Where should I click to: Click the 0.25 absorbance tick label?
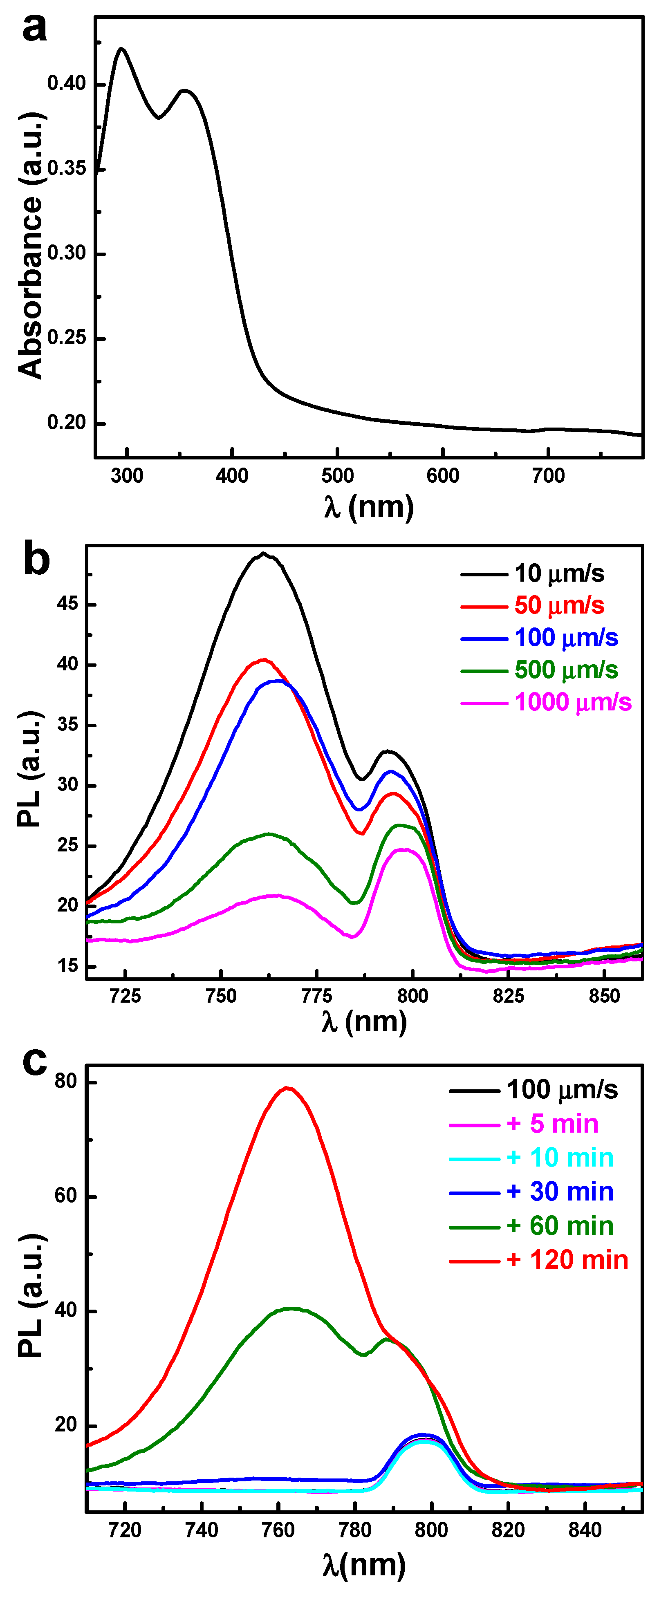click(x=66, y=338)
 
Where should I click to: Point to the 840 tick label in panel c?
click(x=585, y=1531)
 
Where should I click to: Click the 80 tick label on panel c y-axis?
click(x=65, y=1082)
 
